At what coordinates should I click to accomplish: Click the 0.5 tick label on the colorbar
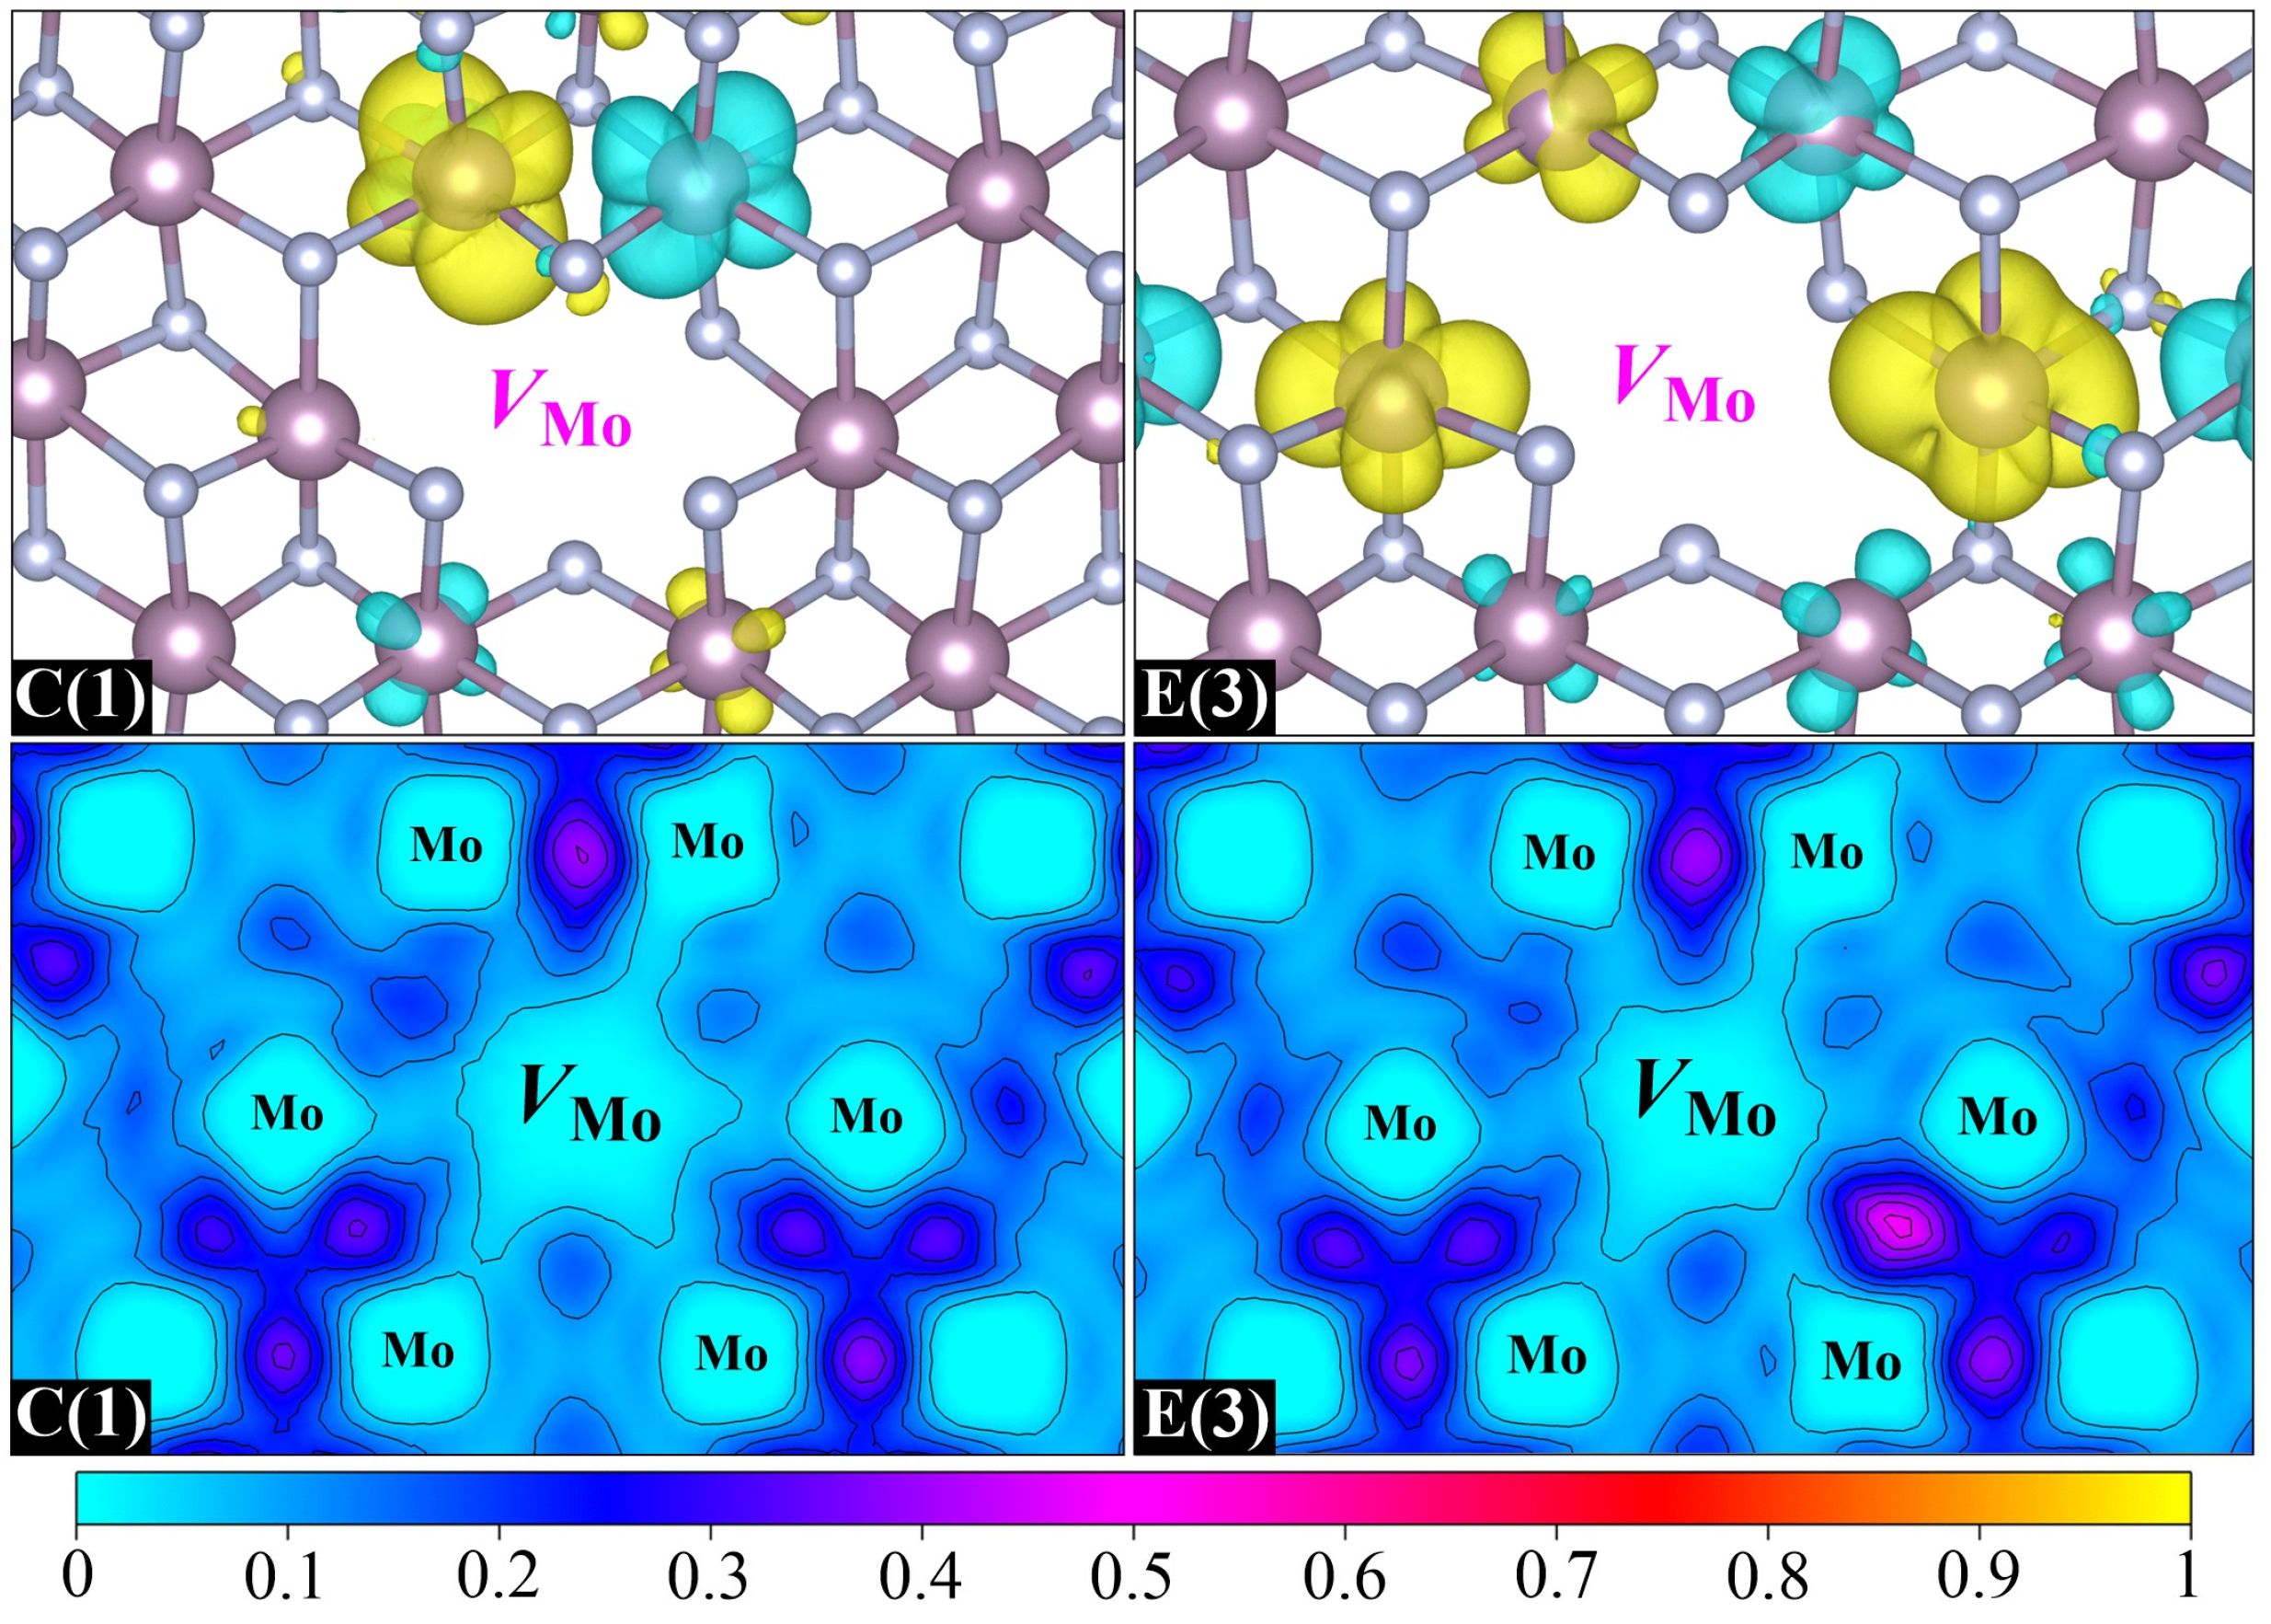(x=1131, y=1577)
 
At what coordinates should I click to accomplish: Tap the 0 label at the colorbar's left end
(x=77, y=1577)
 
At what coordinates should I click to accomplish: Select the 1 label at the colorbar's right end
(x=2188, y=1577)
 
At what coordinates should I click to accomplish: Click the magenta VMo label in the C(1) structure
(x=561, y=407)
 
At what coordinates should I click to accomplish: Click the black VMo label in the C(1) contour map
(x=590, y=1102)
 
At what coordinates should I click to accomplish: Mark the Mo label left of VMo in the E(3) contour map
(x=1400, y=1123)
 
